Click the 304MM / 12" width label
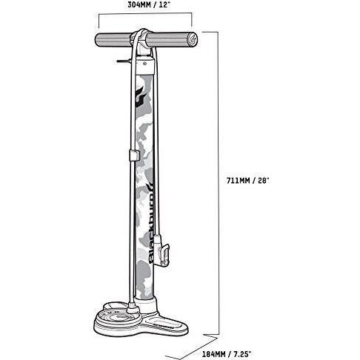pos(149,5)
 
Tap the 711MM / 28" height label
pos(247,181)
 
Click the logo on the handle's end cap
pos(193,39)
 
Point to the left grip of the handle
pos(113,40)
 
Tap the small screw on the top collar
pos(144,64)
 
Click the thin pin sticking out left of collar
pos(123,61)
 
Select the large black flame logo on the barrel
pos(140,97)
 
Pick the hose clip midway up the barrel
pos(133,156)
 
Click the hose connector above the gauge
pos(133,307)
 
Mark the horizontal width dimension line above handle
pos(145,14)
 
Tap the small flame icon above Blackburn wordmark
pos(150,187)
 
